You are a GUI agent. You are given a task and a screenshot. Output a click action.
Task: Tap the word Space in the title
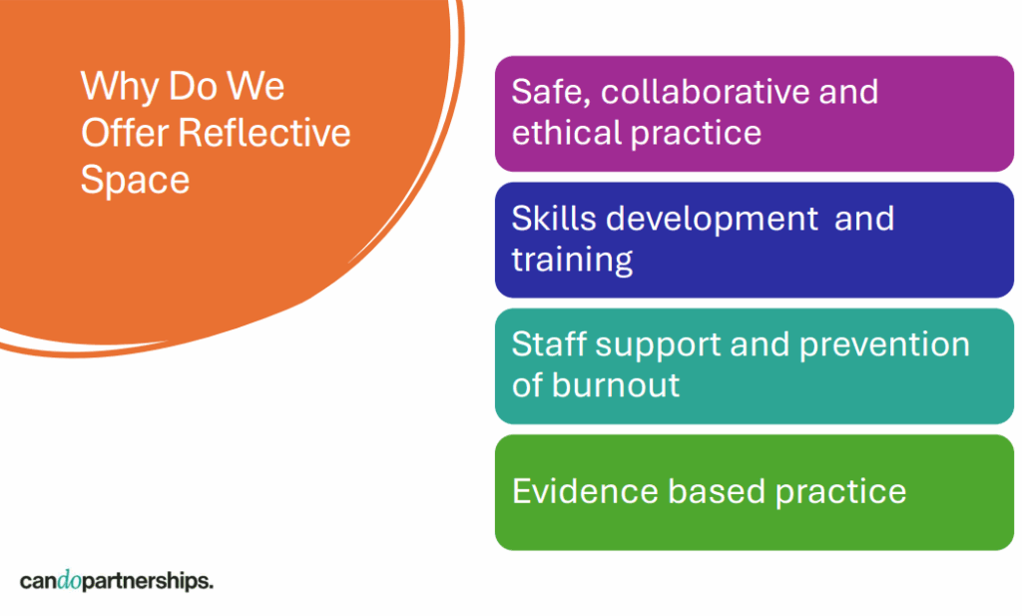[135, 181]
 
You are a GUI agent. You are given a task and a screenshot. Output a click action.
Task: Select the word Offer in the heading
[125, 133]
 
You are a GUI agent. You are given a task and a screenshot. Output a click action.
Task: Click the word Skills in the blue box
[553, 218]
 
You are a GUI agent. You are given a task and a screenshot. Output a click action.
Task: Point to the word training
[572, 261]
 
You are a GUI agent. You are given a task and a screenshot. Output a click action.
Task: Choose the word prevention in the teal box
[884, 344]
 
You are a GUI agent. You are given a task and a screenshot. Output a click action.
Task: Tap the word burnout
[616, 384]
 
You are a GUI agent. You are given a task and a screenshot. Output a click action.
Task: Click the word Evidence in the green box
[584, 491]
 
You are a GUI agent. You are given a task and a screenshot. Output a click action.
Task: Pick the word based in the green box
[716, 491]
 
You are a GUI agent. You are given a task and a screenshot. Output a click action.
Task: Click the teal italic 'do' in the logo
[70, 580]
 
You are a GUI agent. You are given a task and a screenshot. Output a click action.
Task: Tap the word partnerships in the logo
[148, 581]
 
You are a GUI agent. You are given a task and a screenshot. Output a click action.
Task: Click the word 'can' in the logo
[39, 581]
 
